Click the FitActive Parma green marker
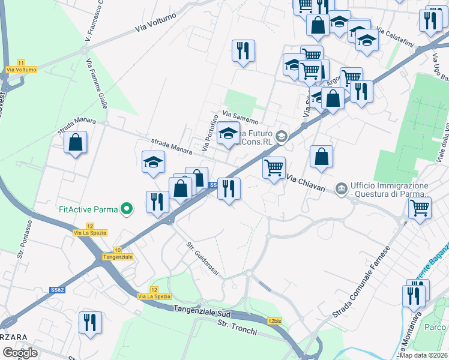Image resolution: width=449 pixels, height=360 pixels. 126,209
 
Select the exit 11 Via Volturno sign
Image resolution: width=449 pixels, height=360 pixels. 22,67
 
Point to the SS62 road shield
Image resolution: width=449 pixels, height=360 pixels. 57,289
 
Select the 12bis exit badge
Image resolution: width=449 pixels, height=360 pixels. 275,321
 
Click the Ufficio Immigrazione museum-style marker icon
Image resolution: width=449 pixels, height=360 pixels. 342,190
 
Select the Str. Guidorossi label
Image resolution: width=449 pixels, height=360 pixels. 203,258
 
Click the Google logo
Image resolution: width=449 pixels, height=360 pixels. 20,352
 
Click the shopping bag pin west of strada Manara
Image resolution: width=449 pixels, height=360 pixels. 75,143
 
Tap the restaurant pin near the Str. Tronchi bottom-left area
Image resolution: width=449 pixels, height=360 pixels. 90,322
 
